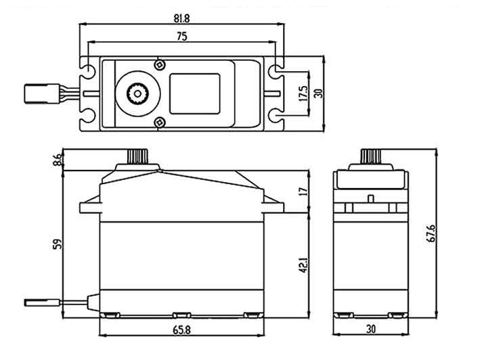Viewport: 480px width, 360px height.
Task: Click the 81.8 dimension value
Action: (x=182, y=19)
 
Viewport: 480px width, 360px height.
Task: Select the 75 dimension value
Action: (x=182, y=37)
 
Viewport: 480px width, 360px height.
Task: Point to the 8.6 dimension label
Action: (x=58, y=160)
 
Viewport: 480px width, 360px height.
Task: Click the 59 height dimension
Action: (x=58, y=244)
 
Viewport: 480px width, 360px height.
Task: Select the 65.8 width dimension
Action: (x=181, y=330)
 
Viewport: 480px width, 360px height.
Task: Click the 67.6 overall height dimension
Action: (x=431, y=233)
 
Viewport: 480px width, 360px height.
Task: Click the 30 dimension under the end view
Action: (x=371, y=330)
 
